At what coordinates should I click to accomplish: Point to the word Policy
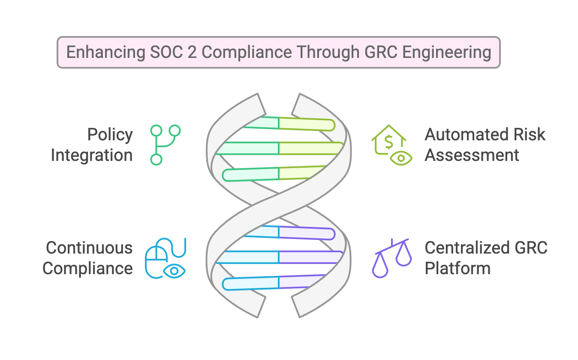tap(110, 134)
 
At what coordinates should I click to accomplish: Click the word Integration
tap(92, 155)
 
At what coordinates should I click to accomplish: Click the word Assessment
tap(472, 155)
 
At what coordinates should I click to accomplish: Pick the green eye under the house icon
tap(401, 158)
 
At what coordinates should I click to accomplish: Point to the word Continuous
tap(89, 248)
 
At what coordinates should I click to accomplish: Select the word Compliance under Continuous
tap(87, 269)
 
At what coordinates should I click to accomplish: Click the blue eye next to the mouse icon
tap(174, 271)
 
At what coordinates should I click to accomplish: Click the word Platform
tap(458, 269)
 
